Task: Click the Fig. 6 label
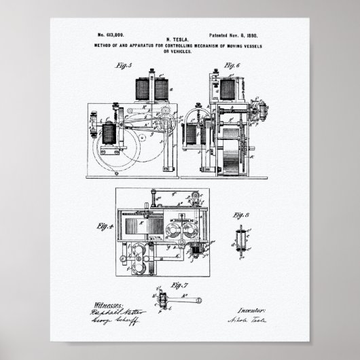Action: point(232,66)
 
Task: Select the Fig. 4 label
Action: point(103,226)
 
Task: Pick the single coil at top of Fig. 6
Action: point(226,87)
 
